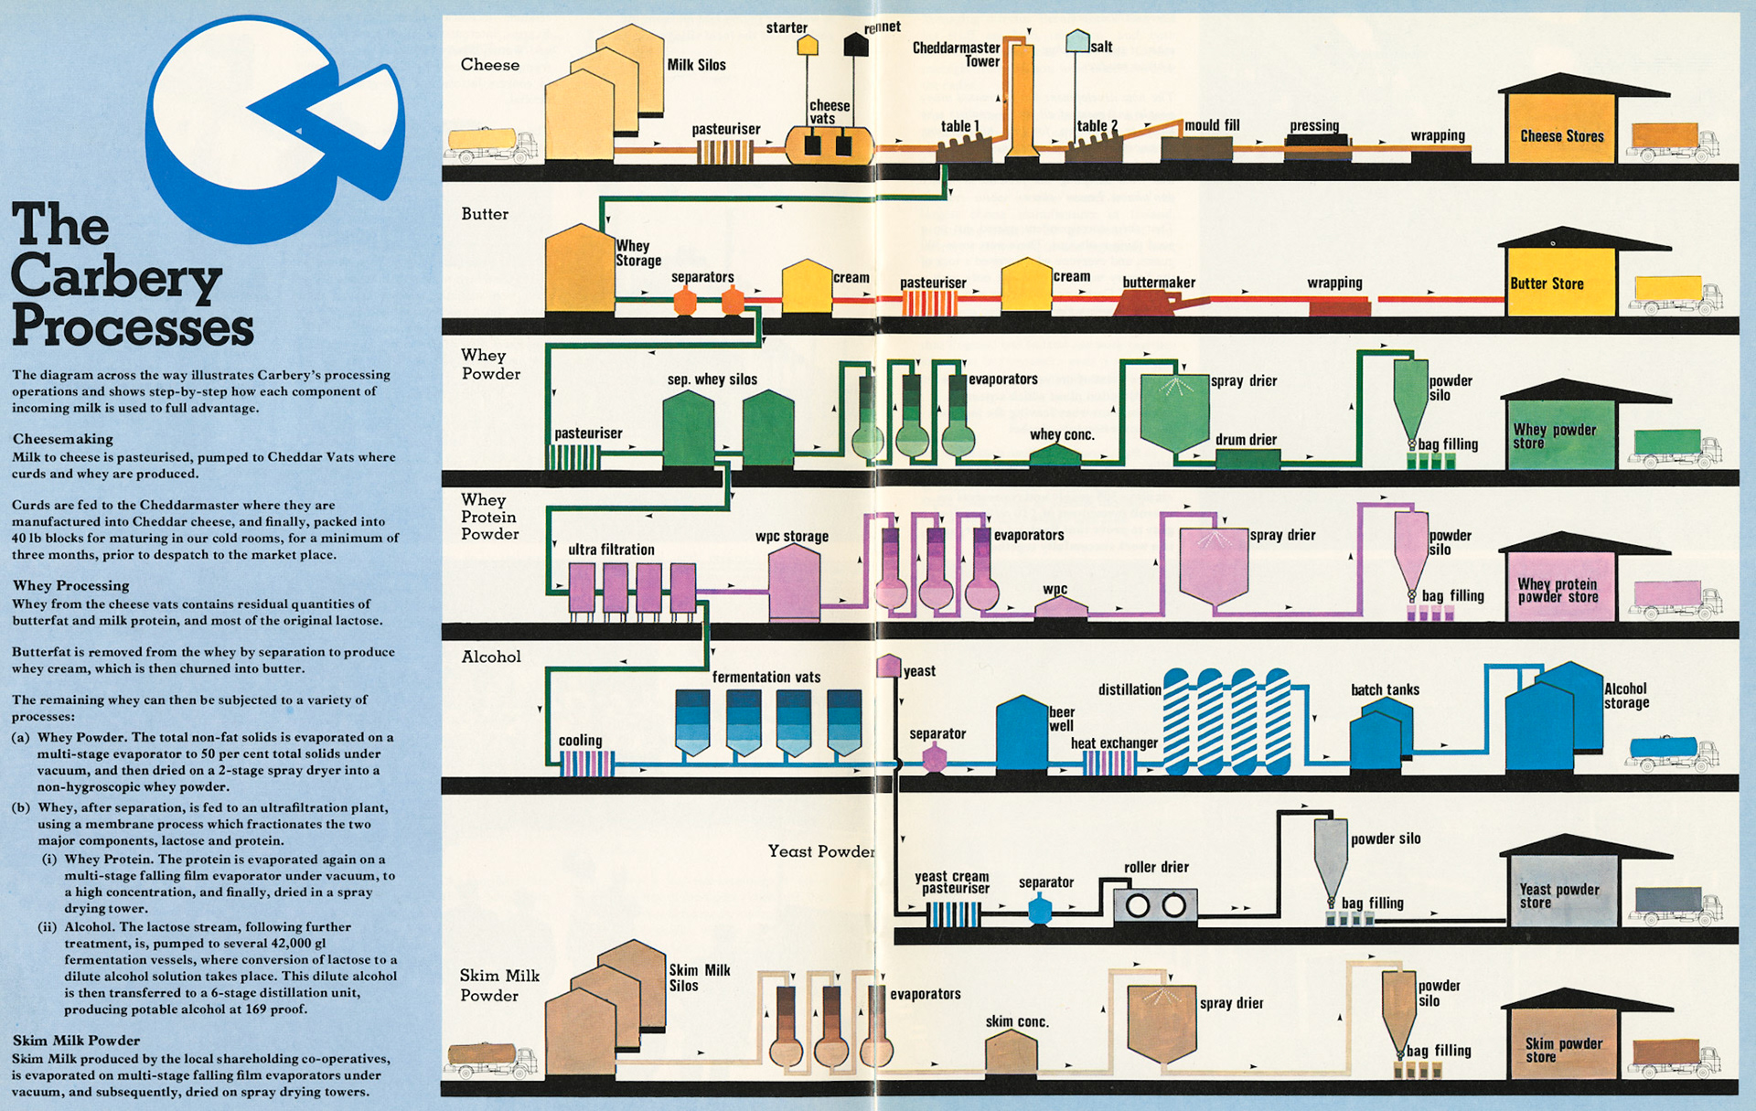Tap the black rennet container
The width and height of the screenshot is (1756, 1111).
tap(855, 44)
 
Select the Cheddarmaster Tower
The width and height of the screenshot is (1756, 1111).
tap(1021, 101)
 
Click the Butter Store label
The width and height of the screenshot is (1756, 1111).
tap(1547, 283)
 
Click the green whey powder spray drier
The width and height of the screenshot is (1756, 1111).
tap(1174, 411)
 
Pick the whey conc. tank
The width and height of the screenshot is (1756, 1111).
tap(1055, 455)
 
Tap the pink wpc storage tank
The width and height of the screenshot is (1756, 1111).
tap(794, 583)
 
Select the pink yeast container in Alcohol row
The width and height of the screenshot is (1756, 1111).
tap(888, 666)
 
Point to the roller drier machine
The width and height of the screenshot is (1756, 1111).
tap(1156, 905)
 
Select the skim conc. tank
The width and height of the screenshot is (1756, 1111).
tap(1011, 1052)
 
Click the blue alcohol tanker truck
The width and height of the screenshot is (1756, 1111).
tap(1671, 752)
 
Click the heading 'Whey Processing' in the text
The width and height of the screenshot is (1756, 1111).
tap(70, 585)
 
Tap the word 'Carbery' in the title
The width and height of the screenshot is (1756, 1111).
tap(116, 276)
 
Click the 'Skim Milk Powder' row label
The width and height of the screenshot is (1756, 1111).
tap(499, 985)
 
